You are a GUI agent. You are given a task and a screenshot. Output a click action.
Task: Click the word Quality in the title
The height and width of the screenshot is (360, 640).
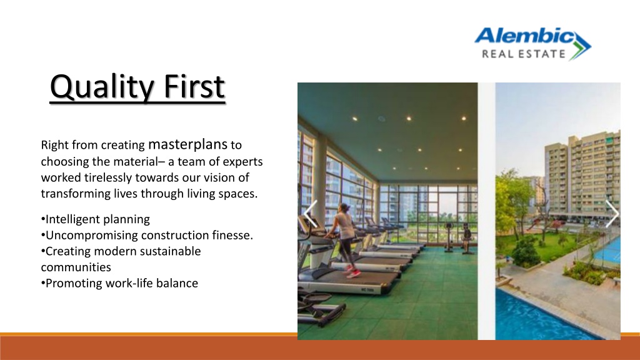tap(102, 87)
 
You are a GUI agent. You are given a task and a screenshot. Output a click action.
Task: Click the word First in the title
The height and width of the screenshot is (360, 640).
tap(194, 86)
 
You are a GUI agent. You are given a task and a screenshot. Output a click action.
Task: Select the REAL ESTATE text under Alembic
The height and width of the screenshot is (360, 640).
tap(524, 54)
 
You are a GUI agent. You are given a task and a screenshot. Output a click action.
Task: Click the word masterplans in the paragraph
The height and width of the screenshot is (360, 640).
tap(187, 144)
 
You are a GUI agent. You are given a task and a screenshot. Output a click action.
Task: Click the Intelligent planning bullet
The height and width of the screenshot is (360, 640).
tap(96, 219)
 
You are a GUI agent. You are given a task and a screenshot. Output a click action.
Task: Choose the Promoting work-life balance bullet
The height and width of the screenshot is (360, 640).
tap(119, 283)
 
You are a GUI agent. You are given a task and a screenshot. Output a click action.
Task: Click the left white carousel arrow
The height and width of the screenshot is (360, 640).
tap(311, 214)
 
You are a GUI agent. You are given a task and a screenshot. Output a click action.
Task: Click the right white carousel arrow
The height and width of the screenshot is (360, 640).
tap(612, 214)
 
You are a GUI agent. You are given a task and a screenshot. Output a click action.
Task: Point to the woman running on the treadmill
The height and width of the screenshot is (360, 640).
tap(345, 240)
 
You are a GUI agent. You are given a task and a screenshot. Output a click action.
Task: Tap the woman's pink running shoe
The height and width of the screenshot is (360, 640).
tap(354, 274)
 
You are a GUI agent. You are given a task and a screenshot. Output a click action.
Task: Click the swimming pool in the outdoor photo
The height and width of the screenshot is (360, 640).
tap(539, 316)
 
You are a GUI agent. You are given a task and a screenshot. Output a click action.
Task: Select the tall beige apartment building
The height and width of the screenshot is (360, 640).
tap(582, 174)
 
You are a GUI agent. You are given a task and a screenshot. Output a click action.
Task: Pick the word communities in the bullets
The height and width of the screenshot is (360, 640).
tap(76, 267)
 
